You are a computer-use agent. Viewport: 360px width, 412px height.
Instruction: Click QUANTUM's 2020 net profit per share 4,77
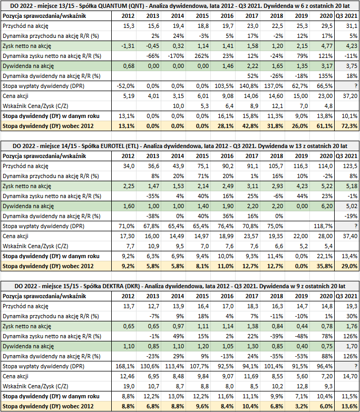point(326,46)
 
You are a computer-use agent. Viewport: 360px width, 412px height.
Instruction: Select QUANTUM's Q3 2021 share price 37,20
point(350,96)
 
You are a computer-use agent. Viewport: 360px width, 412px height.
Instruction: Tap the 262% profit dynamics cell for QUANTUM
point(202,56)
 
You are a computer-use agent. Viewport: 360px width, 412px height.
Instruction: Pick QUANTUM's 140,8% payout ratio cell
point(249,86)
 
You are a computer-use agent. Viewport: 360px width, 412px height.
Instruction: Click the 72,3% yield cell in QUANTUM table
point(349,126)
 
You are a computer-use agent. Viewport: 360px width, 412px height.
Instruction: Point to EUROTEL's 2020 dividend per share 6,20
point(326,206)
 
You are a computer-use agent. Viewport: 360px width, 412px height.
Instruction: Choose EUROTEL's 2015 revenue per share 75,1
point(202,166)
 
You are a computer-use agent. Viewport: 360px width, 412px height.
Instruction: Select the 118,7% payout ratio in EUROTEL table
point(323,226)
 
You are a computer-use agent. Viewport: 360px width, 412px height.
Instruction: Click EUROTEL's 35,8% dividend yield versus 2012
point(325,266)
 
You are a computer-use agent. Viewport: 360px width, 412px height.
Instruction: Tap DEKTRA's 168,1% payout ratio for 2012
point(125,366)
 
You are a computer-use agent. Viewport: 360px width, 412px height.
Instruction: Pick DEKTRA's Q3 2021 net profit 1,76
point(352,326)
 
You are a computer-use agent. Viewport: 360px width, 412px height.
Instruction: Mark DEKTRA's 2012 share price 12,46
point(127,376)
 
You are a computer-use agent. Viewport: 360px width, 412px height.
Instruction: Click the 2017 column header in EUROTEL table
point(251,156)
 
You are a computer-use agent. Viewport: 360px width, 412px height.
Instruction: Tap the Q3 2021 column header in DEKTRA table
point(347,296)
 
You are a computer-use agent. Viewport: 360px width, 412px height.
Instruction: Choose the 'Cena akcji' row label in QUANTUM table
point(15,96)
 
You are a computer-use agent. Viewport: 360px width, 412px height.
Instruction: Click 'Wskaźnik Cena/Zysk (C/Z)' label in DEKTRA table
point(35,386)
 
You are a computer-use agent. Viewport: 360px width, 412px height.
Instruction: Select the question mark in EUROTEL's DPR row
point(356,226)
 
